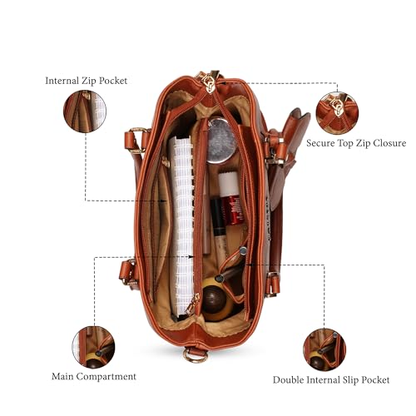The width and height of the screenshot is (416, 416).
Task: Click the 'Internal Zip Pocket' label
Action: [87, 81]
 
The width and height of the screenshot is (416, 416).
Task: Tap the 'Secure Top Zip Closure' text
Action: [356, 143]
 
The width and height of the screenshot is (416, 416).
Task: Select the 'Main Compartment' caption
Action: [94, 377]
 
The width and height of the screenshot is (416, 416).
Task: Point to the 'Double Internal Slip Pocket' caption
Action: [331, 380]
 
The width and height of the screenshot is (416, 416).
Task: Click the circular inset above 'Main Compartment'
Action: [93, 347]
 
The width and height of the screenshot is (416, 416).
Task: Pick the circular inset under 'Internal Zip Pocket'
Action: [85, 111]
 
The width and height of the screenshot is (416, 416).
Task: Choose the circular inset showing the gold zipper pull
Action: [337, 113]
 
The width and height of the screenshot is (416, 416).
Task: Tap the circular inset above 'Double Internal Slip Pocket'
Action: [324, 349]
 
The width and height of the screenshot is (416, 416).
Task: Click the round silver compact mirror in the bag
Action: [221, 141]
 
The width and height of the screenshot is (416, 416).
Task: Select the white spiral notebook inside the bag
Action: [181, 226]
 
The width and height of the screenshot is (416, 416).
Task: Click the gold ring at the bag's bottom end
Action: [195, 355]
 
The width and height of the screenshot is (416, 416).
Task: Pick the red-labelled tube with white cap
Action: [230, 198]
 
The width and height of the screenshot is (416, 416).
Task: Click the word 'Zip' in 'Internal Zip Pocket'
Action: [89, 81]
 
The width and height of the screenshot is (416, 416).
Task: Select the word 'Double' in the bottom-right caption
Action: [288, 379]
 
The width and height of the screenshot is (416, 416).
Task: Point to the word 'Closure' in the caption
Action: [389, 143]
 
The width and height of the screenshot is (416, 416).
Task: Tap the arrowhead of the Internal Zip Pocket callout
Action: [165, 201]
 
